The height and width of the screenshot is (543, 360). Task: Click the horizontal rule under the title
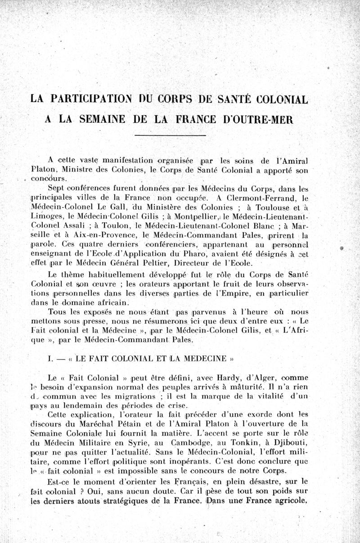click(171, 135)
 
